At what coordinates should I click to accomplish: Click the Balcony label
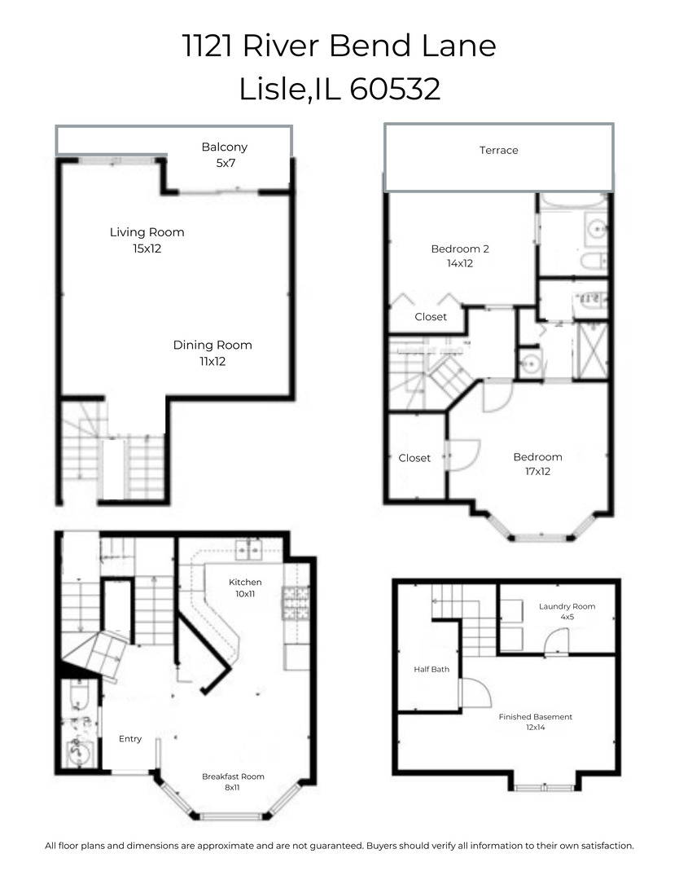pyautogui.click(x=224, y=147)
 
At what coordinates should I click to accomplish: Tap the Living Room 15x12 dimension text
pyautogui.click(x=147, y=249)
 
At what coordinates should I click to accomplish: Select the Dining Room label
pyautogui.click(x=212, y=345)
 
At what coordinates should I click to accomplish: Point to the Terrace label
pyautogui.click(x=498, y=150)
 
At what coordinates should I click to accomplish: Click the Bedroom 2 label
pyautogui.click(x=459, y=249)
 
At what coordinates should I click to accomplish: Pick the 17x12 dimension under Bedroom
pyautogui.click(x=537, y=471)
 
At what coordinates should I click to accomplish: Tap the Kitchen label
pyautogui.click(x=244, y=582)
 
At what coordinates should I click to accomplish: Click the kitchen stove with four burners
pyautogui.click(x=296, y=604)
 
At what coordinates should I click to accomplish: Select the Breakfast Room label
pyautogui.click(x=233, y=777)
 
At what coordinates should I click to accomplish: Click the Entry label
pyautogui.click(x=130, y=739)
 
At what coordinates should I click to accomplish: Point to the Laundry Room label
pyautogui.click(x=567, y=606)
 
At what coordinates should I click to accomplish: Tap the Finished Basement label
pyautogui.click(x=535, y=717)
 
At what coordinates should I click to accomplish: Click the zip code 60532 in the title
pyautogui.click(x=395, y=89)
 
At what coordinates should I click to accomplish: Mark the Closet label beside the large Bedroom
pyautogui.click(x=414, y=458)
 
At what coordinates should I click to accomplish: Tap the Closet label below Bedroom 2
pyautogui.click(x=431, y=317)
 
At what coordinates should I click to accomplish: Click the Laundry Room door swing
pyautogui.click(x=556, y=643)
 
